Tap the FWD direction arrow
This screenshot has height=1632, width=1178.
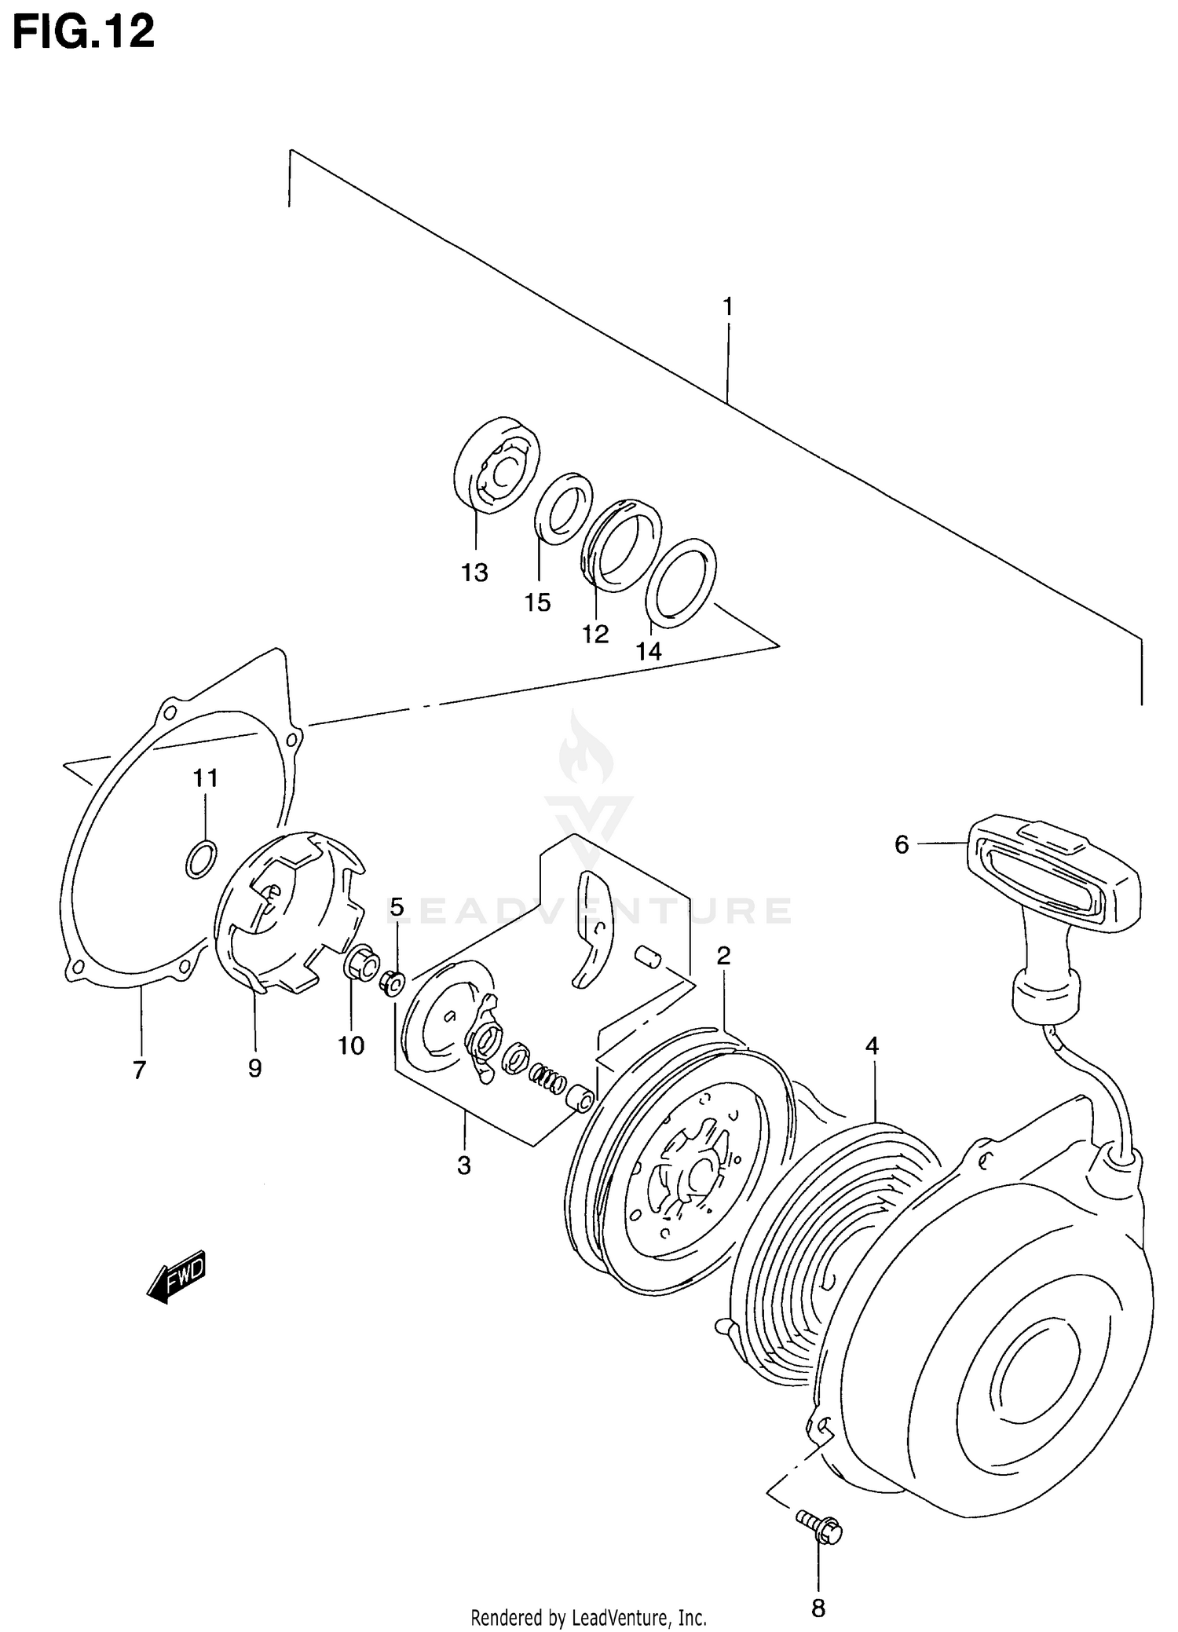177,1276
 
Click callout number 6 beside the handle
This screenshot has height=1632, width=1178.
901,844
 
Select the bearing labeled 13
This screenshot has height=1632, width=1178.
497,466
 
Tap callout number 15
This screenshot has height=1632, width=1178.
538,602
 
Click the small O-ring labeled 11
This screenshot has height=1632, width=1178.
201,858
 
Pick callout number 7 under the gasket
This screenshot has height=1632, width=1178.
139,1069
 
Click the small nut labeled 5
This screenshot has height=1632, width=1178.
393,982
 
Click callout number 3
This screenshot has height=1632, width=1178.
463,1165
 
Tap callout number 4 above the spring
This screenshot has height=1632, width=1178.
872,1045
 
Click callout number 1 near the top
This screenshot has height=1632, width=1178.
727,306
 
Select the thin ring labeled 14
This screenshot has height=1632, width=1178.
681,583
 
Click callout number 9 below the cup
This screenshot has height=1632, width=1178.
254,1067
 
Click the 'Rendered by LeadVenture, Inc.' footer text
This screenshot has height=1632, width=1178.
588,1618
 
